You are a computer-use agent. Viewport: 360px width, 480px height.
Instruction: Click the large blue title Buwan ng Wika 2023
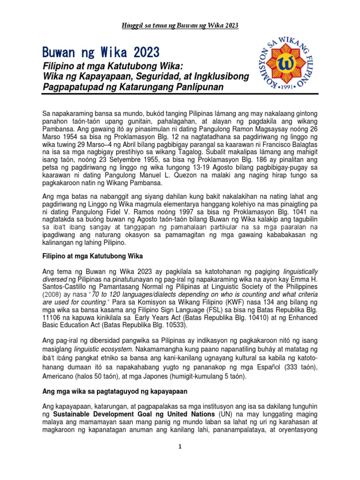tap(100, 51)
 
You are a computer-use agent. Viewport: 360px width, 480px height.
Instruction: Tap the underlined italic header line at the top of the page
tap(180, 25)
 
